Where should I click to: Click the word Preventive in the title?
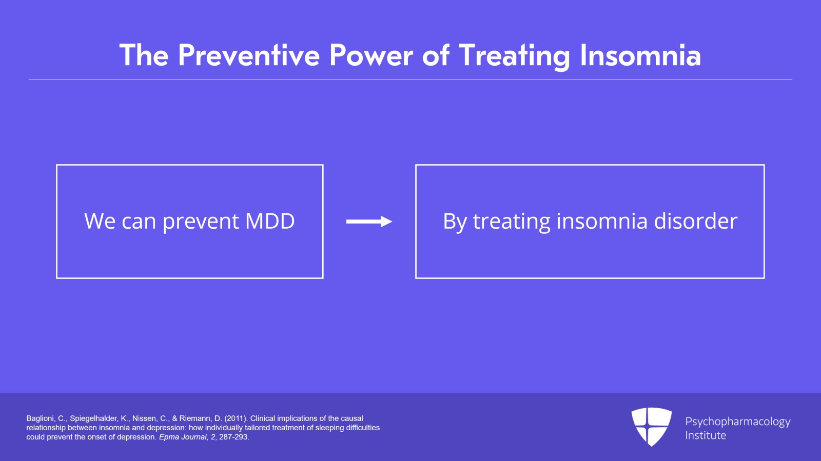[x=249, y=55]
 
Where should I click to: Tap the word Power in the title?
[x=371, y=55]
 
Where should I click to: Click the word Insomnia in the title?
[x=640, y=55]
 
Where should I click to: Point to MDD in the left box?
[x=270, y=221]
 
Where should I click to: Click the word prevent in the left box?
[x=201, y=222]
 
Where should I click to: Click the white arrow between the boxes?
[x=369, y=222]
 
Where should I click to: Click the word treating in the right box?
[x=512, y=222]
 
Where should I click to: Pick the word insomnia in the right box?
[x=602, y=221]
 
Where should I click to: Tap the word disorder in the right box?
[x=696, y=221]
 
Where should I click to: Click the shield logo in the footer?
[x=651, y=427]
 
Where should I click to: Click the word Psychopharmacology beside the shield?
[x=738, y=422]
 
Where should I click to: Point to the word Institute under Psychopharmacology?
[x=706, y=435]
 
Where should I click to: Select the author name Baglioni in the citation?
[x=41, y=418]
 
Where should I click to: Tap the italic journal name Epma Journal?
[x=183, y=437]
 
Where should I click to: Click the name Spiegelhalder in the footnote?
[x=94, y=418]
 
